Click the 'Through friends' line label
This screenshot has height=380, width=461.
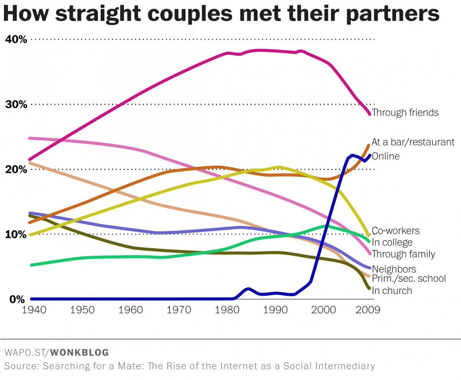tap(405, 113)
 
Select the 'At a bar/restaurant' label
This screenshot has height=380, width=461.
tap(413, 142)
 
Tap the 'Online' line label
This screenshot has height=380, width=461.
tap(386, 156)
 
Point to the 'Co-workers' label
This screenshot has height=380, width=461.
tap(395, 231)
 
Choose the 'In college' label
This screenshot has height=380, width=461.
tap(392, 242)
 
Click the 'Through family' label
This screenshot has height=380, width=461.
tap(403, 254)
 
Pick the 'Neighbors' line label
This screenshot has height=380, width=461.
tap(394, 270)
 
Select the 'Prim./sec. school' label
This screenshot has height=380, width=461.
tap(409, 278)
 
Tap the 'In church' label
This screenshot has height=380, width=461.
tap(391, 291)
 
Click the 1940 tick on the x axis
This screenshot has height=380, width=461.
tap(34, 310)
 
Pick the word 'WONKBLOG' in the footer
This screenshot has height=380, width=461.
tap(80, 352)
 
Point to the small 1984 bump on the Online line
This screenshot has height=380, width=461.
tap(248, 289)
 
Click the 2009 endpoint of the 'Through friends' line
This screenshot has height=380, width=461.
tap(370, 114)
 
